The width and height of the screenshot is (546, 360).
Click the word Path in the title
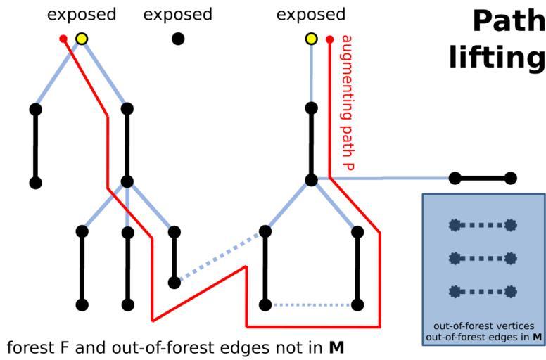click(x=508, y=21)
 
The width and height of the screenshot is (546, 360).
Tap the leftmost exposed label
click(x=82, y=15)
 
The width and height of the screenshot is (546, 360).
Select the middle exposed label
click(x=177, y=15)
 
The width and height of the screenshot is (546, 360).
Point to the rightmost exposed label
click(x=311, y=15)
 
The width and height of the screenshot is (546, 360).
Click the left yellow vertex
click(x=82, y=39)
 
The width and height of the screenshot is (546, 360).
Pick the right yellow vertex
click(x=311, y=39)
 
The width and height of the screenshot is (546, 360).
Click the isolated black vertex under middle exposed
click(x=178, y=39)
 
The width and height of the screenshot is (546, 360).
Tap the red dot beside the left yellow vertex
click(x=64, y=39)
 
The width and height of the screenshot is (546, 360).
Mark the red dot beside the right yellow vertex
click(x=329, y=39)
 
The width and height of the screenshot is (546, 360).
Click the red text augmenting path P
click(x=346, y=102)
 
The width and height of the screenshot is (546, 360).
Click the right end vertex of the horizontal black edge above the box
click(x=511, y=179)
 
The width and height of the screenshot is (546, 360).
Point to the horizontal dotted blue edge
click(x=311, y=305)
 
